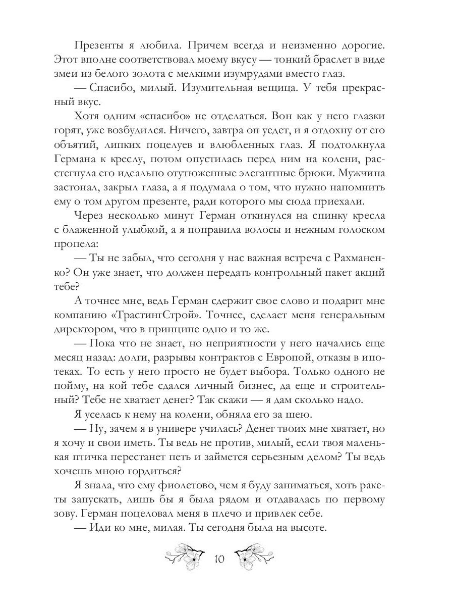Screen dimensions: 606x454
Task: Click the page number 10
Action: (x=219, y=559)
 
